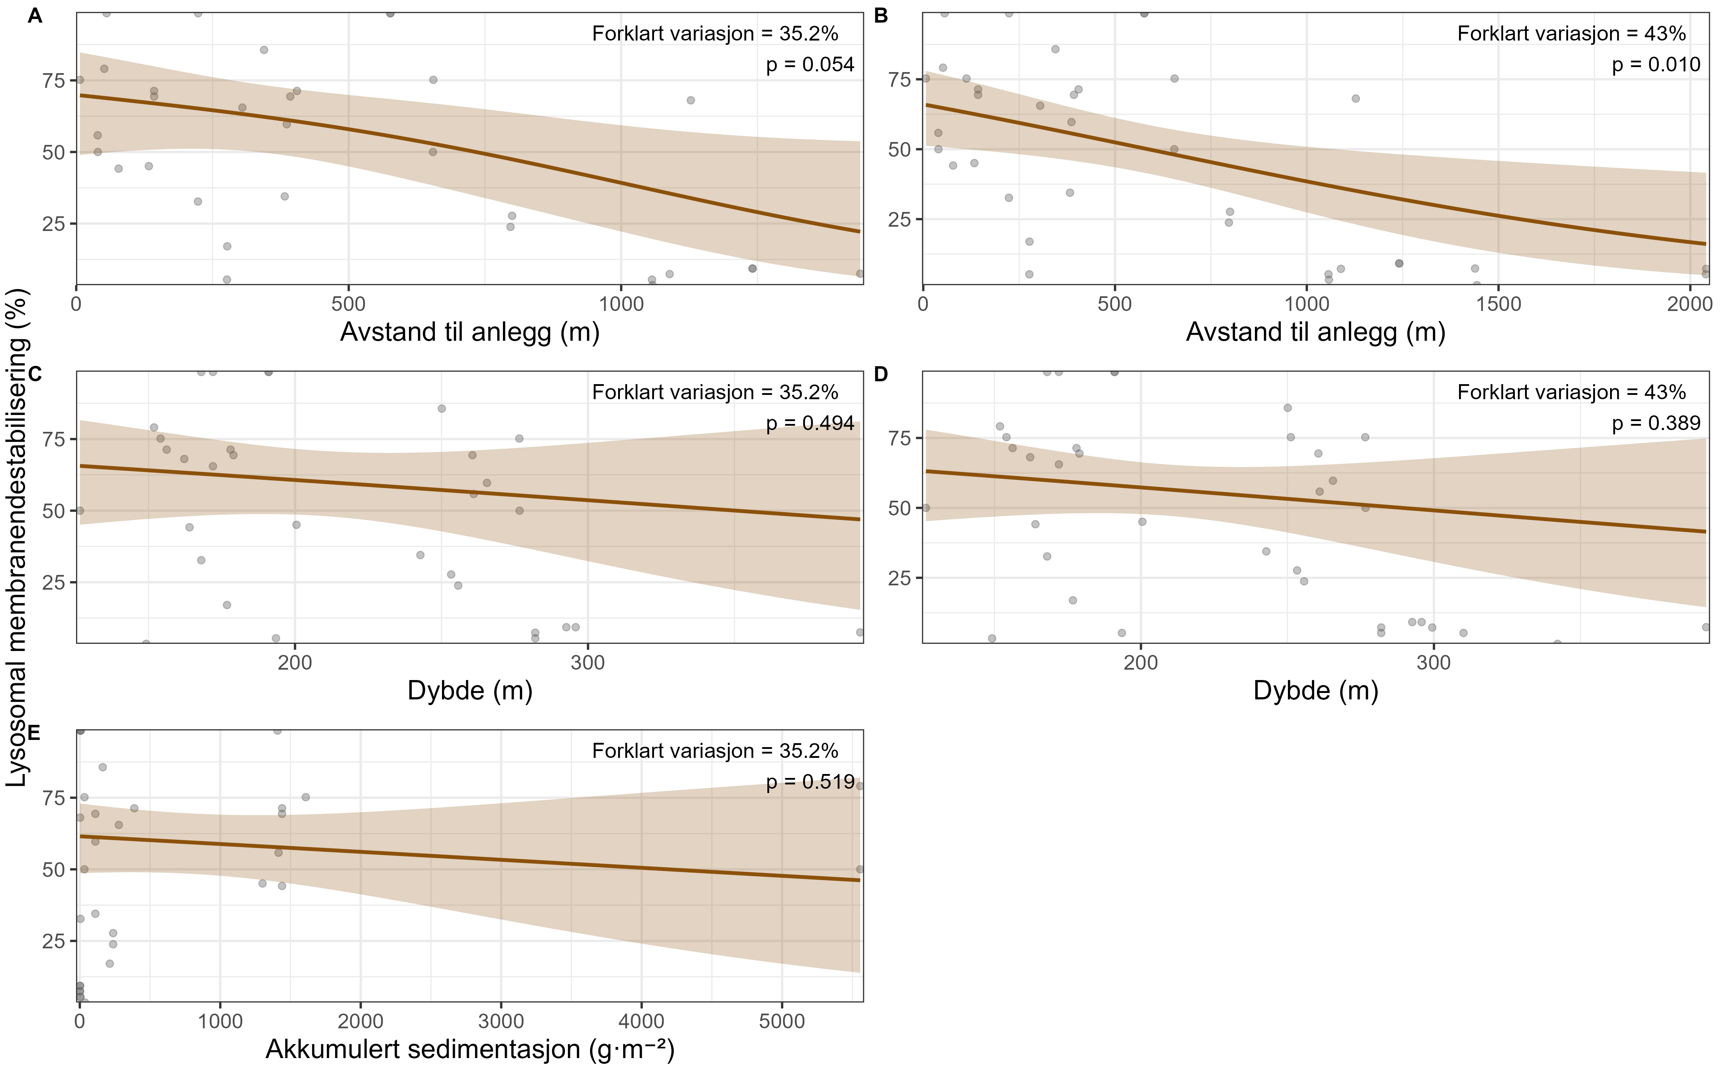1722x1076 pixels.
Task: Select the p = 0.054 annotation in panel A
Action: point(810,65)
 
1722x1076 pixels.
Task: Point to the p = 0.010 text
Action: point(1656,65)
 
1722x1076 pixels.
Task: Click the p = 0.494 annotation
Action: point(810,424)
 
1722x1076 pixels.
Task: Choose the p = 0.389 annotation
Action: point(1656,424)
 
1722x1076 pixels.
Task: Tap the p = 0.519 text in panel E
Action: point(810,782)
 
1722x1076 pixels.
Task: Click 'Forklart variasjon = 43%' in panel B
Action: point(1571,33)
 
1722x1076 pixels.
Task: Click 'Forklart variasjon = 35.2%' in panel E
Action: point(715,751)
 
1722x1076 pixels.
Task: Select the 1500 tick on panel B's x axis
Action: point(1498,304)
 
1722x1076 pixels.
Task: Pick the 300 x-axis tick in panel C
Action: point(588,662)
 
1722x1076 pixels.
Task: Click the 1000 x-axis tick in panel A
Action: point(621,304)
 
